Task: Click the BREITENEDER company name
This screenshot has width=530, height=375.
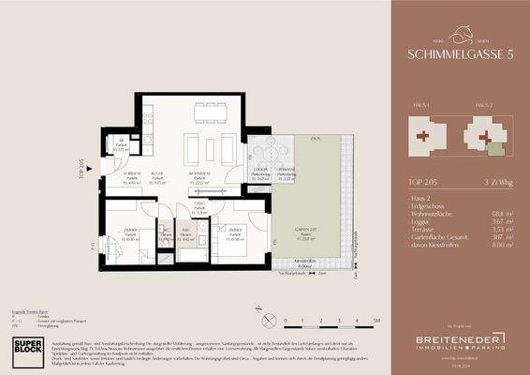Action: tap(449, 337)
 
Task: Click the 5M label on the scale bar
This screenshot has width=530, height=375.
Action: tap(375, 321)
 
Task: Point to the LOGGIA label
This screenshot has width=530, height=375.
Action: tap(260, 171)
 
